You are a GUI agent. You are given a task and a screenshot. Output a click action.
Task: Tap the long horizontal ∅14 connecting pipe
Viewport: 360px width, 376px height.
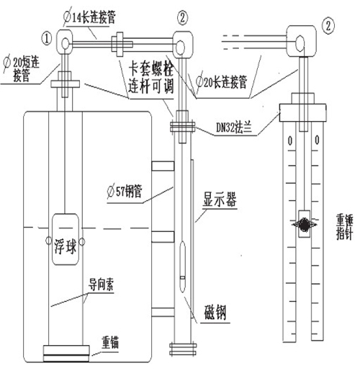[x=122, y=48]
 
